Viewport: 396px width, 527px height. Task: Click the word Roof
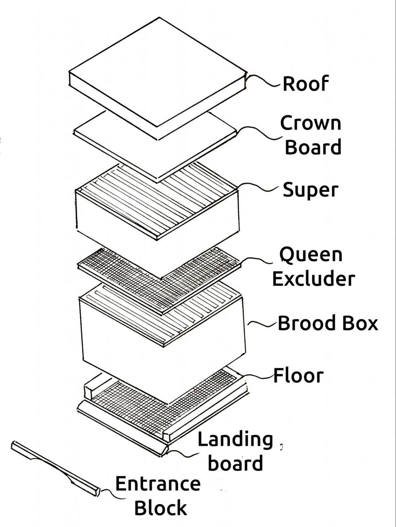click(x=305, y=84)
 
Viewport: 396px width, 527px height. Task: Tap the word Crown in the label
click(x=311, y=124)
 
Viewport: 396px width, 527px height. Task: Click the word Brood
click(x=306, y=324)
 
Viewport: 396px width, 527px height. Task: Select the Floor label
click(x=298, y=376)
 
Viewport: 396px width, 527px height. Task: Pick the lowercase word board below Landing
click(x=235, y=463)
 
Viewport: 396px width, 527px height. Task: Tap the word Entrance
click(x=157, y=485)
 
